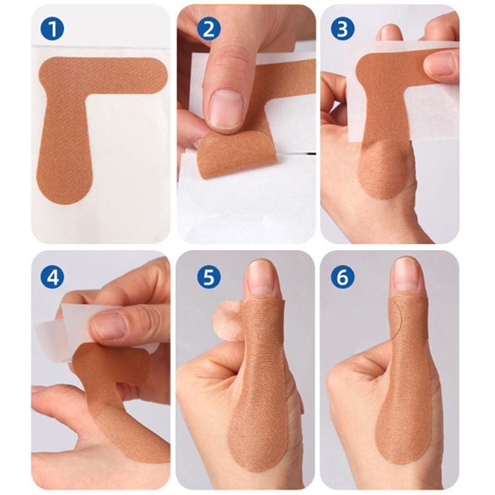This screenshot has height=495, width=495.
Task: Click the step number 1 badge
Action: click(52, 29)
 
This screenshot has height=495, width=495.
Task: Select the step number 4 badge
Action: click(52, 277)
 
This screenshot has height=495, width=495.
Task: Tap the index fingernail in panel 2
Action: click(225, 109)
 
